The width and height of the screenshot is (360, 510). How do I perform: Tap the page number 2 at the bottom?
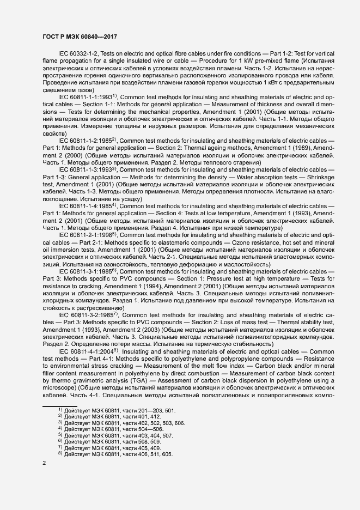[x=44, y=463]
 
